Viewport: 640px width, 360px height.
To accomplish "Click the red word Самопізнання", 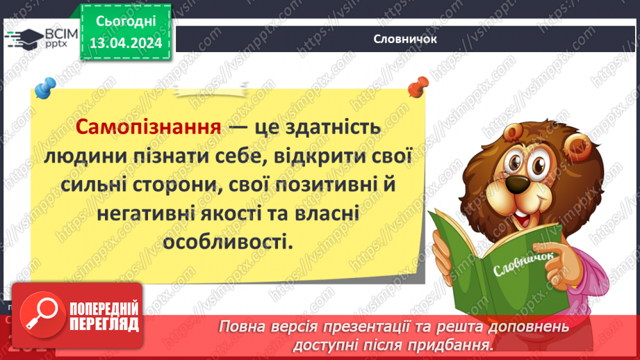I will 147,129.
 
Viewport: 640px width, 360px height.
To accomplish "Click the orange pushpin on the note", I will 418,88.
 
